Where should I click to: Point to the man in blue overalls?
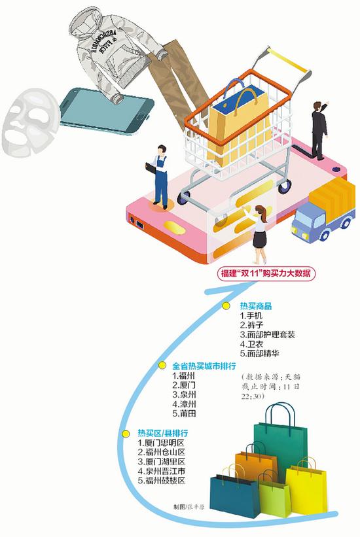click(x=159, y=177)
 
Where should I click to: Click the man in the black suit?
click(x=319, y=130)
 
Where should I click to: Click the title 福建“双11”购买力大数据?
click(x=266, y=273)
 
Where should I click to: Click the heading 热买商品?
click(x=256, y=306)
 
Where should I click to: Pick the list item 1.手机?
click(x=251, y=315)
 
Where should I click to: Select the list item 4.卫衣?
click(x=251, y=344)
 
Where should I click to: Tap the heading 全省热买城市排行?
click(x=204, y=366)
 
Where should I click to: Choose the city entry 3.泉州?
click(x=184, y=394)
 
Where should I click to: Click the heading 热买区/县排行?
click(x=163, y=433)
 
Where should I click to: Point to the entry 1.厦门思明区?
click(x=162, y=442)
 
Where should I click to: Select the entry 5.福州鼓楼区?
click(x=162, y=481)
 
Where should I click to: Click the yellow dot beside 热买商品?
click(x=226, y=306)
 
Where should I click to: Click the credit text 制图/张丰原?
click(x=189, y=506)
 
